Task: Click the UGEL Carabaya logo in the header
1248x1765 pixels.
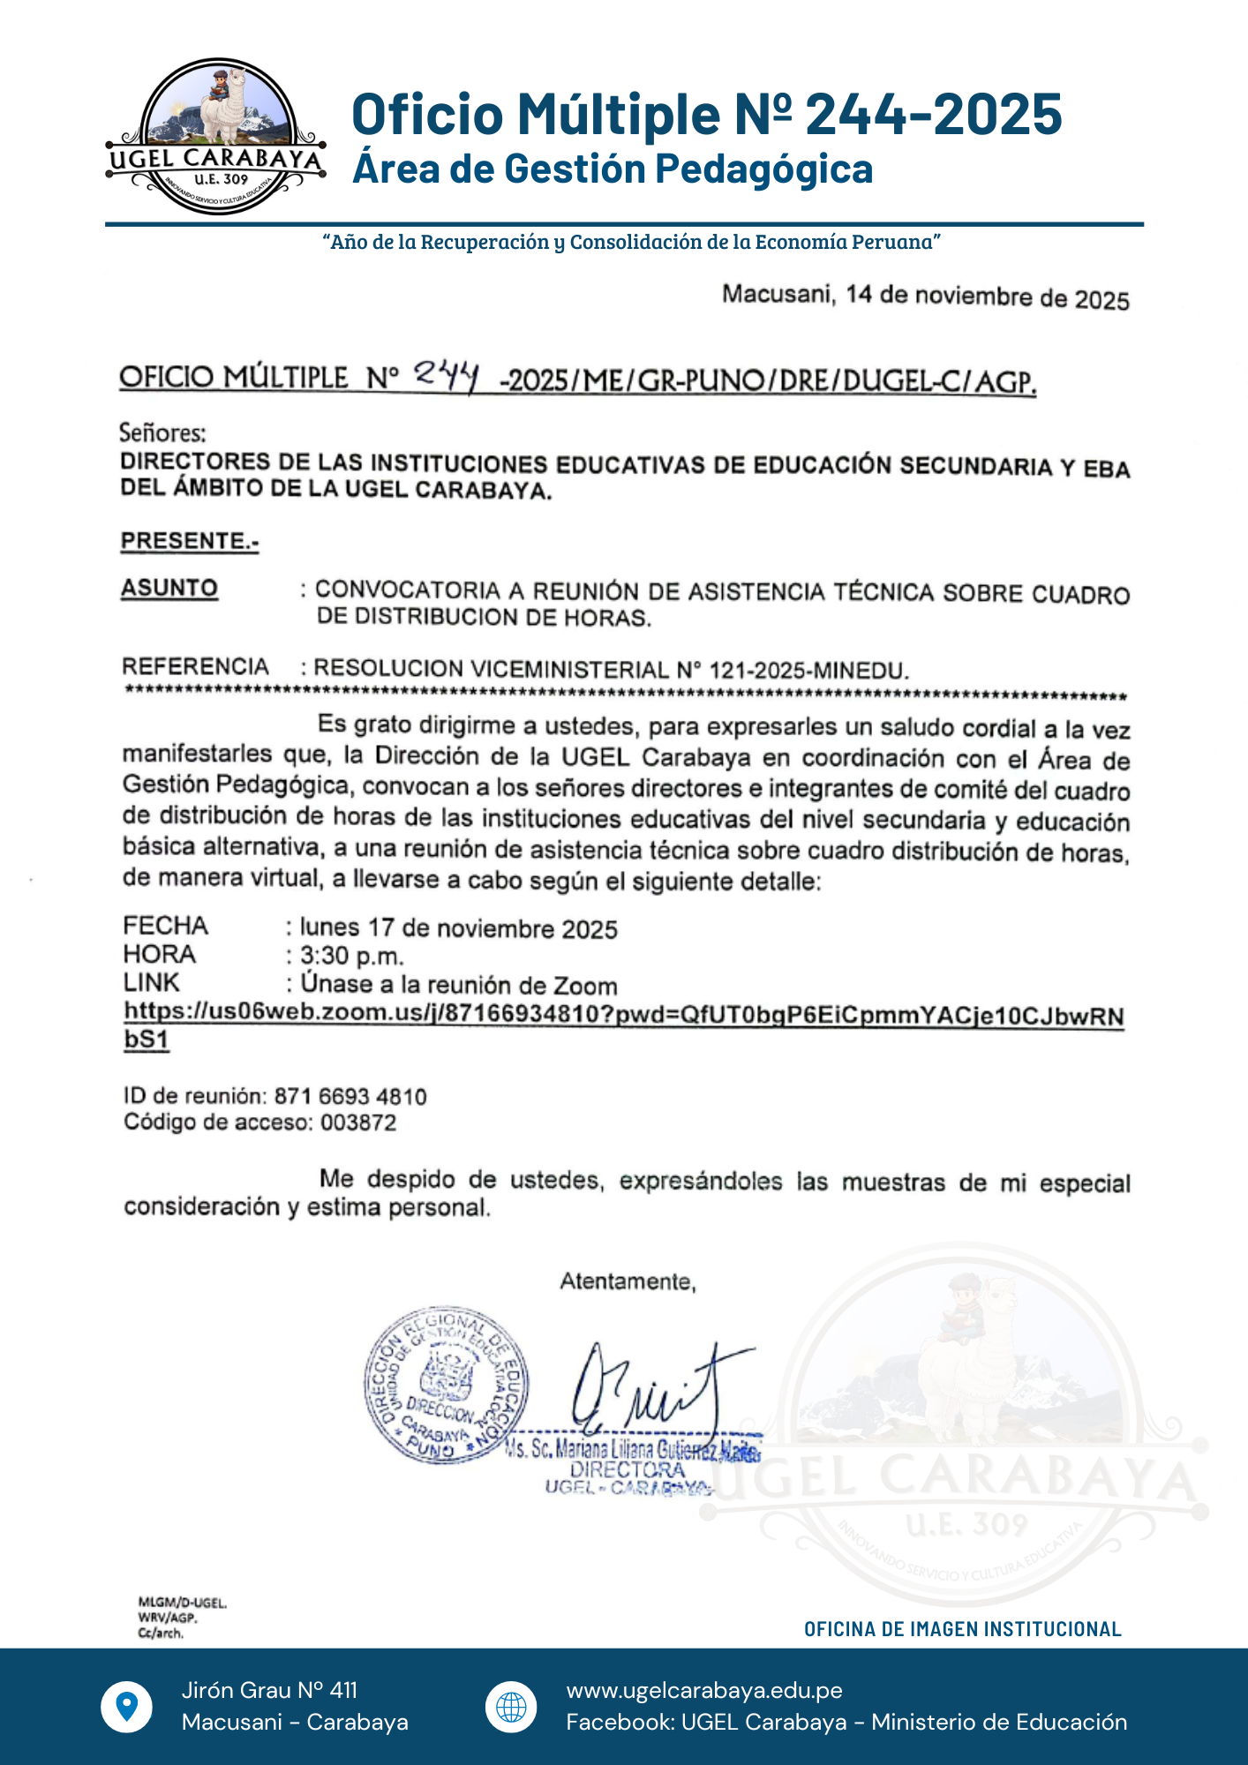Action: (216, 137)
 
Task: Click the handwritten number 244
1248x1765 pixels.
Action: (447, 376)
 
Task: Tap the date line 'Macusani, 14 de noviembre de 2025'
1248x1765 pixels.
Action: (925, 297)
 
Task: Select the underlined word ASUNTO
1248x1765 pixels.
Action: (169, 589)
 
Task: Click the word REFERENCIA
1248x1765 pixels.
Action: (195, 667)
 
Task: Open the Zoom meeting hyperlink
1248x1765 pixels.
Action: (623, 1015)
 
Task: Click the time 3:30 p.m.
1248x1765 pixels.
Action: (351, 956)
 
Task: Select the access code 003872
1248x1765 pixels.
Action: (358, 1123)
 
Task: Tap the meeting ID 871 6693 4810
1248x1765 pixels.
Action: (350, 1097)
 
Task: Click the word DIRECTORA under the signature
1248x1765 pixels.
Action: (628, 1470)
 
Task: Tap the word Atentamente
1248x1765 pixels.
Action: (628, 1281)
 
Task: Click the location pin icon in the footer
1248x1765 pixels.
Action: (127, 1706)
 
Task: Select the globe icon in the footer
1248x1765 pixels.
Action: (511, 1707)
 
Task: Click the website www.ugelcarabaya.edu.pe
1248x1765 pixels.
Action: (704, 1690)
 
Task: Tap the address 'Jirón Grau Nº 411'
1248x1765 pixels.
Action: (269, 1690)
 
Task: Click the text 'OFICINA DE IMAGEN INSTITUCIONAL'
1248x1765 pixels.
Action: (962, 1629)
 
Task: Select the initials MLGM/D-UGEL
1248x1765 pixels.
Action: (183, 1603)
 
